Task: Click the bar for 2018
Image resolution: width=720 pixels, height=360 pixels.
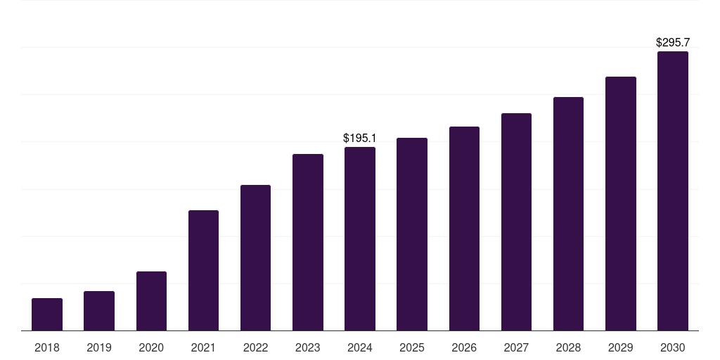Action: click(x=47, y=314)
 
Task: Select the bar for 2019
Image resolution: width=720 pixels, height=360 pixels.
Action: click(x=99, y=311)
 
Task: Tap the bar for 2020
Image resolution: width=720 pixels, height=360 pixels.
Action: click(x=151, y=301)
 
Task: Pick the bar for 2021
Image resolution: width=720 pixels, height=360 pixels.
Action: click(x=203, y=271)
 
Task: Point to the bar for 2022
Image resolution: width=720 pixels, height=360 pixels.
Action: click(x=255, y=258)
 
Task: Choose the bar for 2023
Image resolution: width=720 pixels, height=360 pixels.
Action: click(x=308, y=243)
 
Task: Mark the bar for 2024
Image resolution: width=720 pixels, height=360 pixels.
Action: click(x=360, y=239)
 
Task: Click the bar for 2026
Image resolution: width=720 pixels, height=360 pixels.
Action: click(x=464, y=229)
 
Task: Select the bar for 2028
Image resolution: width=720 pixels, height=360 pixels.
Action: click(x=568, y=214)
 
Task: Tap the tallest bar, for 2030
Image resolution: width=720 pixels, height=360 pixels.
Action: click(x=673, y=191)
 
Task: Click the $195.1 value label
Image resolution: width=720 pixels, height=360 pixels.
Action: click(x=359, y=139)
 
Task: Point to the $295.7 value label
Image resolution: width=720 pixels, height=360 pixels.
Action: click(x=672, y=43)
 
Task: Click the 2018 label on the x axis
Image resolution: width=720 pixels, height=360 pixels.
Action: click(x=47, y=347)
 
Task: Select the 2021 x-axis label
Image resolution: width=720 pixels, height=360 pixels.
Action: click(x=203, y=347)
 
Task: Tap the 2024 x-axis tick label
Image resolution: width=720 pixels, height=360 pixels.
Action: click(x=360, y=347)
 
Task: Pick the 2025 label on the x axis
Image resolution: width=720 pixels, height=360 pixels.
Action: click(x=412, y=347)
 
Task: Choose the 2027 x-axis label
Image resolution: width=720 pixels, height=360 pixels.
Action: click(x=516, y=347)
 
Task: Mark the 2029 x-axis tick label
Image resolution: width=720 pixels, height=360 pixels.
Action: click(x=621, y=347)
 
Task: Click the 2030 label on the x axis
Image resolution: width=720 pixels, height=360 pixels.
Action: click(x=673, y=347)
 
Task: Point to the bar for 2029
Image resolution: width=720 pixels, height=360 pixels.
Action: click(x=621, y=204)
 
